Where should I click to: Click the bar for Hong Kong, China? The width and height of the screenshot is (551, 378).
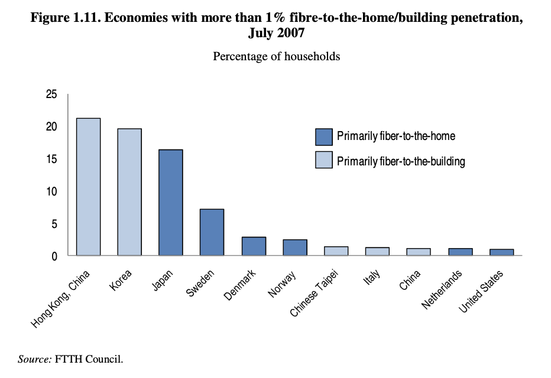click(x=88, y=187)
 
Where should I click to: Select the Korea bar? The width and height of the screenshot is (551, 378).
click(x=129, y=192)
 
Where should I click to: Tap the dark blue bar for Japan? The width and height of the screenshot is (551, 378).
click(x=171, y=203)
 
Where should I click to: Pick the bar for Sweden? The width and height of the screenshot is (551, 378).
click(x=212, y=232)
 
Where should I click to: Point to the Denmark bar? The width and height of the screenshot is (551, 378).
click(x=254, y=246)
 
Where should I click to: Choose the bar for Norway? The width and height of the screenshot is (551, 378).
click(x=294, y=247)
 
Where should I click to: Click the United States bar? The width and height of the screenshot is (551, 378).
click(x=501, y=252)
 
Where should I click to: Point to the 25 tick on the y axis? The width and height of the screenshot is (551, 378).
click(x=51, y=94)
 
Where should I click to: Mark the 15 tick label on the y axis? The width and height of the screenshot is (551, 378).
click(x=51, y=159)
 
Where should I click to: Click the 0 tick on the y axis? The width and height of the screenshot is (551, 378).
click(x=54, y=256)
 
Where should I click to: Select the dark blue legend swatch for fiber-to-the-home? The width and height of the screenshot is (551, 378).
click(x=323, y=136)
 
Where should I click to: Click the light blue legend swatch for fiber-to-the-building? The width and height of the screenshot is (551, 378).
click(x=323, y=161)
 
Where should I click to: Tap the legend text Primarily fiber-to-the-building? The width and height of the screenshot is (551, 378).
click(x=401, y=161)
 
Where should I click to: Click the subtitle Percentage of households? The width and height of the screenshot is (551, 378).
click(x=276, y=57)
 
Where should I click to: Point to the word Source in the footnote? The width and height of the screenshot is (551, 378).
click(x=34, y=359)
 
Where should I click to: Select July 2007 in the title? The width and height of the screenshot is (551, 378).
click(x=276, y=33)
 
